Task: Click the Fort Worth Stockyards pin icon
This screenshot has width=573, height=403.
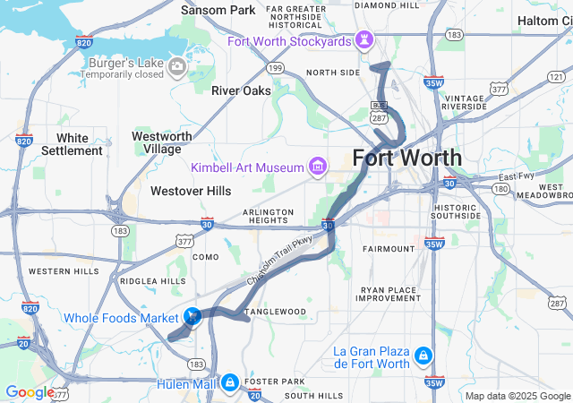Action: [x=364, y=41]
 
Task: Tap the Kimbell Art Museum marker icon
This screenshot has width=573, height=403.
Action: [x=315, y=167]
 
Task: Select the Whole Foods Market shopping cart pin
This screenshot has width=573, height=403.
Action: [x=192, y=317]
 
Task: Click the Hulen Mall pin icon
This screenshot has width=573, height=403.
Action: [x=230, y=382]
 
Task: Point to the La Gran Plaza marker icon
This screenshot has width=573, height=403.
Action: [x=421, y=358]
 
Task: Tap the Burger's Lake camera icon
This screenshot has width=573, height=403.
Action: [x=176, y=64]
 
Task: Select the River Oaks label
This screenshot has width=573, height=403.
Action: [x=240, y=90]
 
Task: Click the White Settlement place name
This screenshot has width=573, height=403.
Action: [x=72, y=144]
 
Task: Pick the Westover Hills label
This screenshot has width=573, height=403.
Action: [x=191, y=191]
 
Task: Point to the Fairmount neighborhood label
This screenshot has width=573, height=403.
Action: [x=389, y=248]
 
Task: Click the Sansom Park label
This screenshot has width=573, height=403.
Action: [x=218, y=11]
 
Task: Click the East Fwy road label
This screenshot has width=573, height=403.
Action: [x=516, y=176]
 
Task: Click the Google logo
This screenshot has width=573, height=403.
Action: [x=30, y=391]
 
